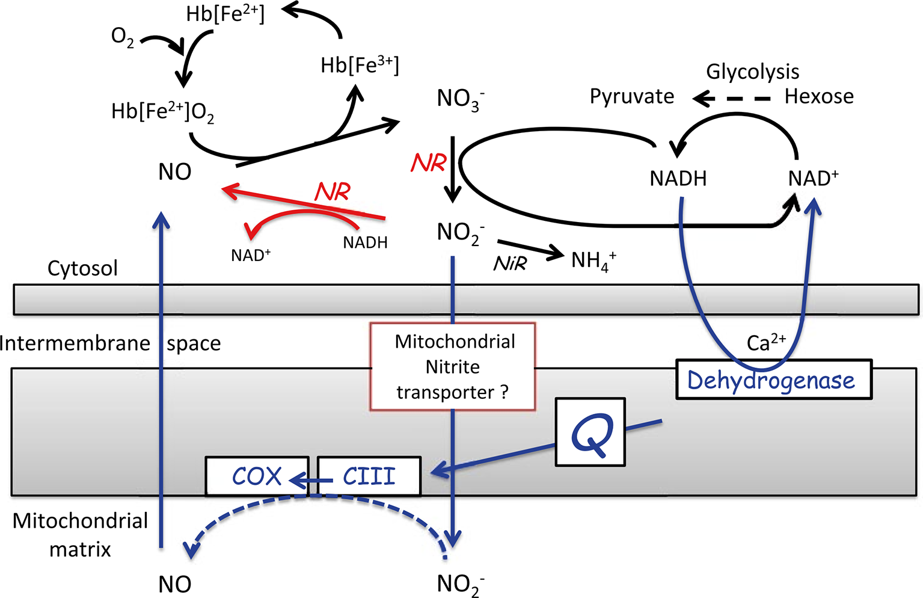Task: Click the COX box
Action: click(257, 476)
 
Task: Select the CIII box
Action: click(369, 476)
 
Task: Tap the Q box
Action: click(590, 432)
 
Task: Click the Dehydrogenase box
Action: click(773, 380)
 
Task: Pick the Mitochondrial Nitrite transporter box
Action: click(453, 367)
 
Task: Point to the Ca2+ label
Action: click(765, 342)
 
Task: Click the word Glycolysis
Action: click(752, 72)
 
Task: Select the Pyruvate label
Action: click(631, 96)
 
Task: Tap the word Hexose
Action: click(819, 96)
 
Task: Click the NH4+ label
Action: click(593, 260)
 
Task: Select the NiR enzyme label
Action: click(510, 263)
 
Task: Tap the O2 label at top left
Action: click(123, 37)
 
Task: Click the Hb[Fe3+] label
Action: click(360, 65)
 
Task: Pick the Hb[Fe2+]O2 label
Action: click(162, 112)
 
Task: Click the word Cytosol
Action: click(82, 268)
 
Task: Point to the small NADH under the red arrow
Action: click(365, 242)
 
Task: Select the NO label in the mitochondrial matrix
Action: click(175, 584)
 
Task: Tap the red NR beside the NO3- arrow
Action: click(429, 163)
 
